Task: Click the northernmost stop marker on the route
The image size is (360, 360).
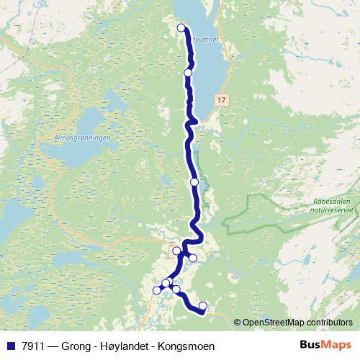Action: coord(181,28)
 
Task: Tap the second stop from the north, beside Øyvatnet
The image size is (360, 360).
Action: coord(188,73)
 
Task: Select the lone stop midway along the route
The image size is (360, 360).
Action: coord(194,182)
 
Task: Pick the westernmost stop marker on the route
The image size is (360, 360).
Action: coord(157,290)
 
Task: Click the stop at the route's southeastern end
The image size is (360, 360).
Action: coord(202,306)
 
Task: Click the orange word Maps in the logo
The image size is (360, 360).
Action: coord(336,345)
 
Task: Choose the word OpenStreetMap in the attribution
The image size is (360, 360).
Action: coord(274,323)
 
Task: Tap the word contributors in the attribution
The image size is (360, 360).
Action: coord(330,323)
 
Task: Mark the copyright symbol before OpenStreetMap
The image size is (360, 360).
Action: coord(238,323)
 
